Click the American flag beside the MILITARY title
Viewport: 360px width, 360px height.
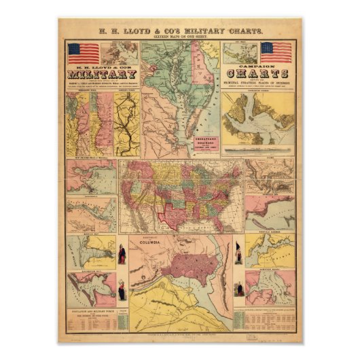[83, 53]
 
